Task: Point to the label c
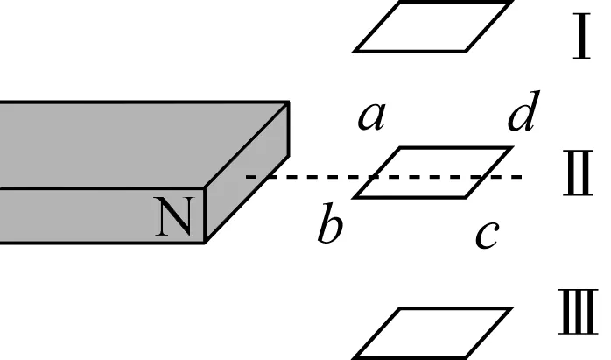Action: click(487, 233)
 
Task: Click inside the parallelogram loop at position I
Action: click(432, 26)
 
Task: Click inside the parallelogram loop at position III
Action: click(432, 333)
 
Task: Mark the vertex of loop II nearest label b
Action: click(355, 197)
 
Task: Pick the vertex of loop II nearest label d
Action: click(511, 148)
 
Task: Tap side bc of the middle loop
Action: click(411, 197)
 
